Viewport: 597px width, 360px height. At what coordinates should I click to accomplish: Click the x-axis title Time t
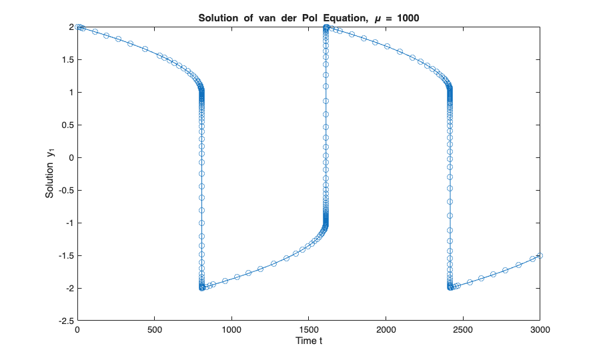click(x=309, y=341)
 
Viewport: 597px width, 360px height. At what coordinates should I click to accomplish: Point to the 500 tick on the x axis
click(x=155, y=330)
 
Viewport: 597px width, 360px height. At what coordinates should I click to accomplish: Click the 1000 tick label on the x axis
click(x=231, y=330)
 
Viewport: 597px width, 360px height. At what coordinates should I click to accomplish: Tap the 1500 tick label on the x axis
click(x=309, y=330)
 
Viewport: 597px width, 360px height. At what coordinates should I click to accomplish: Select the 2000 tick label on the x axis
click(x=386, y=330)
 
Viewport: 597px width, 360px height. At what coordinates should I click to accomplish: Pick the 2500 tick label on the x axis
click(x=463, y=330)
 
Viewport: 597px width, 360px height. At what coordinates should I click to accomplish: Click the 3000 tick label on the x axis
click(x=540, y=330)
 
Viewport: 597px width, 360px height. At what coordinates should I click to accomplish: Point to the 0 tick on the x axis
click(x=77, y=330)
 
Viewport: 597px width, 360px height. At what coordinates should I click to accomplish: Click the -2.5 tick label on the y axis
click(x=64, y=321)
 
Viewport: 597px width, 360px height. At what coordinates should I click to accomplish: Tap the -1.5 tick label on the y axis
click(x=64, y=255)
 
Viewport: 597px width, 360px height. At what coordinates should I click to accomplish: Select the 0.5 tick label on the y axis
click(x=66, y=125)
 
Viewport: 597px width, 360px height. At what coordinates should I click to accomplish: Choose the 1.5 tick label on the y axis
click(x=66, y=59)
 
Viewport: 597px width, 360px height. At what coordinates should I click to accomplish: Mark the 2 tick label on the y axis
click(x=69, y=27)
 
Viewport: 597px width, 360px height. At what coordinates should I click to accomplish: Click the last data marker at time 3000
click(x=540, y=255)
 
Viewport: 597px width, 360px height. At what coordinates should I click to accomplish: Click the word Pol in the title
click(x=291, y=17)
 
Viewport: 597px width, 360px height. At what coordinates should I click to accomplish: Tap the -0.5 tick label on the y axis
click(x=64, y=190)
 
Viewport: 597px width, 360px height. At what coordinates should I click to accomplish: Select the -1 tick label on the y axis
click(x=67, y=223)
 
